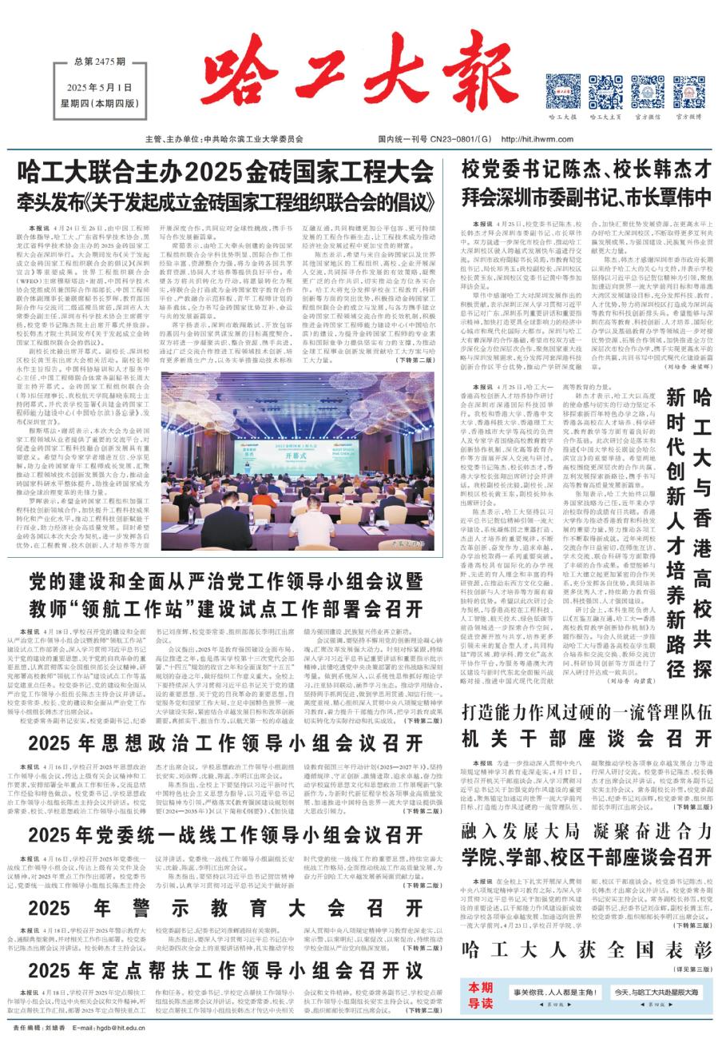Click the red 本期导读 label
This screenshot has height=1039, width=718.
coord(481,991)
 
